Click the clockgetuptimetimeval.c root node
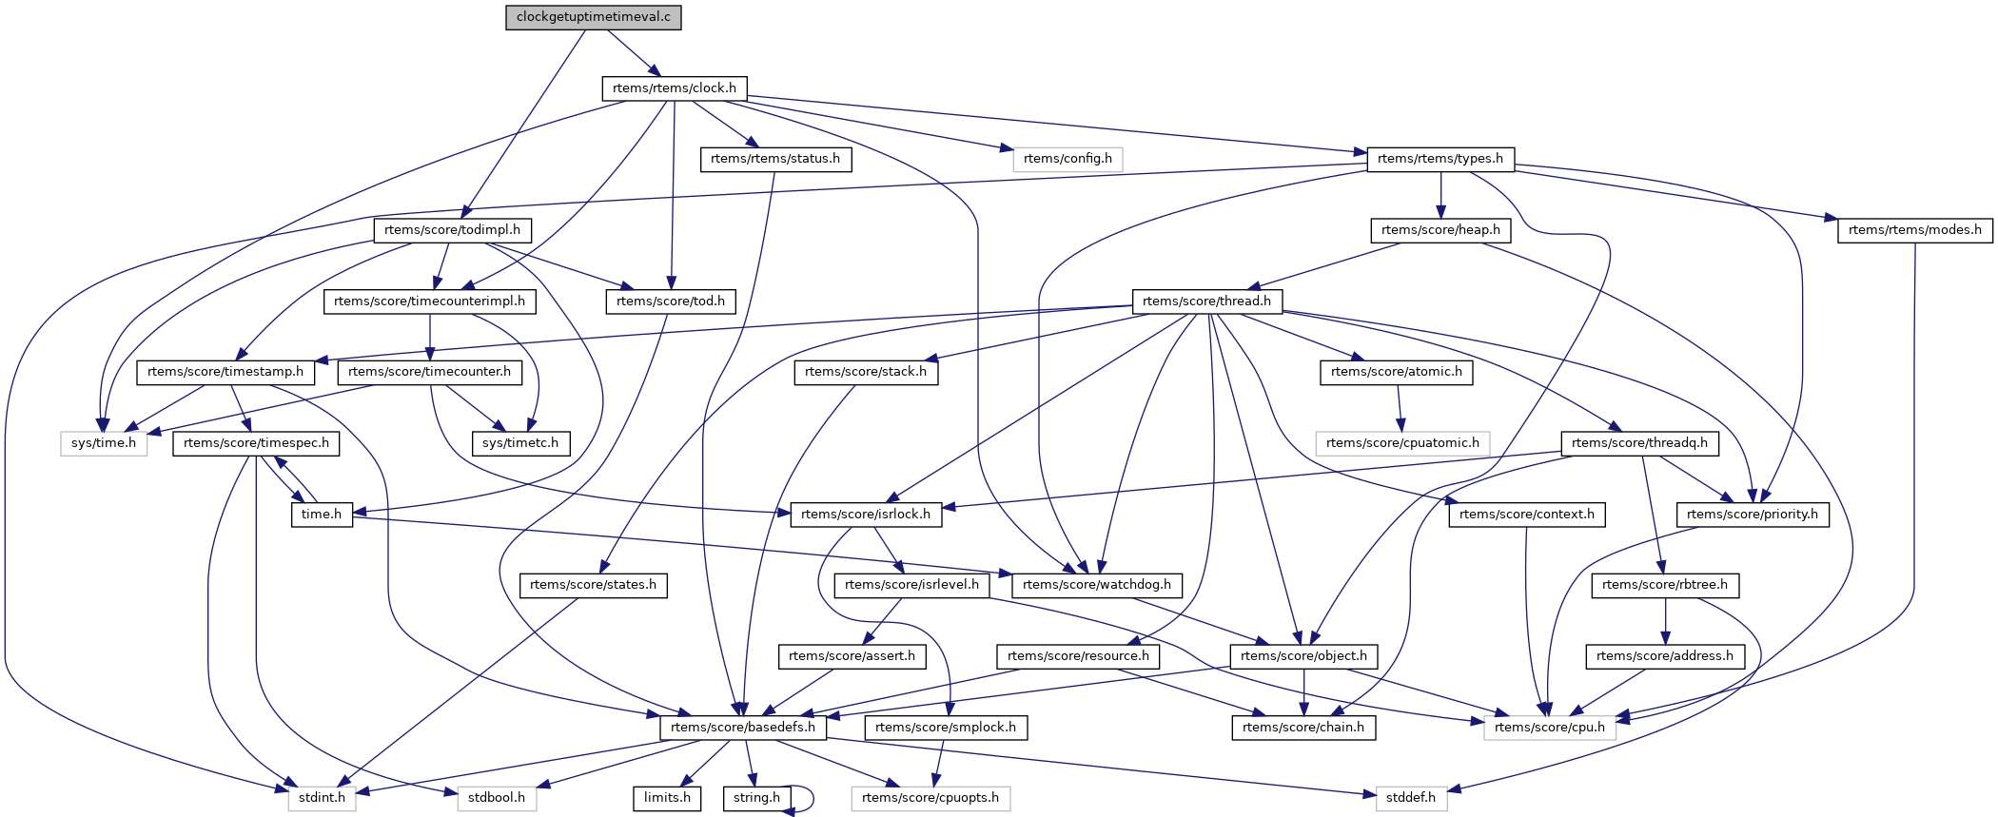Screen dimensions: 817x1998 (594, 17)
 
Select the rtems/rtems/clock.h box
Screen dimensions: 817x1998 (674, 88)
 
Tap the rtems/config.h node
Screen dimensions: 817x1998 (1068, 159)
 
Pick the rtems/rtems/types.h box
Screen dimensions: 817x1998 (1440, 159)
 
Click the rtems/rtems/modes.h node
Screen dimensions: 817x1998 (1914, 230)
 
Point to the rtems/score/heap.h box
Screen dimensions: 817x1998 (1440, 230)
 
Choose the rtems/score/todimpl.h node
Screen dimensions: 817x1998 (452, 230)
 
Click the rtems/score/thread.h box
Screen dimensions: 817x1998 (1206, 302)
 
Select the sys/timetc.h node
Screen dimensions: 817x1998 (520, 443)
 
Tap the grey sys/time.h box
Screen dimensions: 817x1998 (104, 443)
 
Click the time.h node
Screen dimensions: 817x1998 (322, 515)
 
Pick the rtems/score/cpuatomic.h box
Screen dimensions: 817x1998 (1402, 443)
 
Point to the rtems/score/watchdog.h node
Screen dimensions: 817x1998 (1097, 585)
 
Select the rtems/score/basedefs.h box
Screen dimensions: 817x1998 (743, 728)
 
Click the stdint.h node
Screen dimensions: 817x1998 (322, 798)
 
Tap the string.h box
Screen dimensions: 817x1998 (756, 798)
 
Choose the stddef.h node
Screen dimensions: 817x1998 (1411, 798)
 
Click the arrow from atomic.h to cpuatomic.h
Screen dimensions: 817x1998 (1400, 408)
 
